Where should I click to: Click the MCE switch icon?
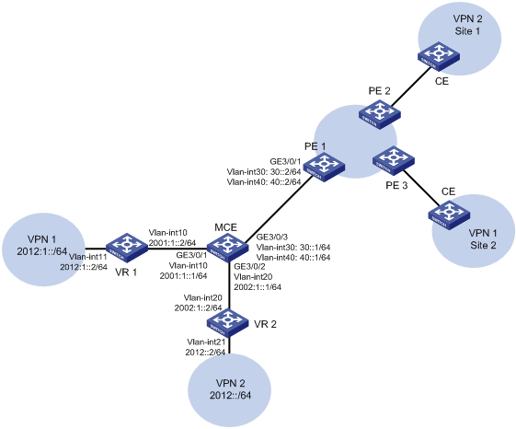(227, 248)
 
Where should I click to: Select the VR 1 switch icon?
(127, 248)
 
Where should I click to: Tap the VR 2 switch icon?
(227, 322)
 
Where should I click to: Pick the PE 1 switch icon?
(324, 168)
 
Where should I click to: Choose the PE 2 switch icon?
(380, 115)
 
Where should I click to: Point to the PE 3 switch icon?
(394, 161)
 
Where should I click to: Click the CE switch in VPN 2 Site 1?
(439, 56)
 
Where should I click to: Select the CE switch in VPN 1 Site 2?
(449, 215)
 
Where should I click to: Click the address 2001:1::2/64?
(172, 243)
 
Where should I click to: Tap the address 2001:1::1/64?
(183, 276)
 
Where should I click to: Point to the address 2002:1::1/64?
(258, 287)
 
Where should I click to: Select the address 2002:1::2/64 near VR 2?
(198, 308)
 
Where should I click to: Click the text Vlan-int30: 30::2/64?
(264, 171)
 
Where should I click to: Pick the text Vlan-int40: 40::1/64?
(293, 258)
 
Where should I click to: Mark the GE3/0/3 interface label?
(272, 237)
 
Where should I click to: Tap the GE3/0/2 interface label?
(249, 267)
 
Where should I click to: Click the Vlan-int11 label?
(88, 257)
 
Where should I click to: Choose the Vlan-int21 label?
(206, 342)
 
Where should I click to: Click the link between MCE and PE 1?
(279, 205)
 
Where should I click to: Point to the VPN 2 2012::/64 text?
(230, 388)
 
